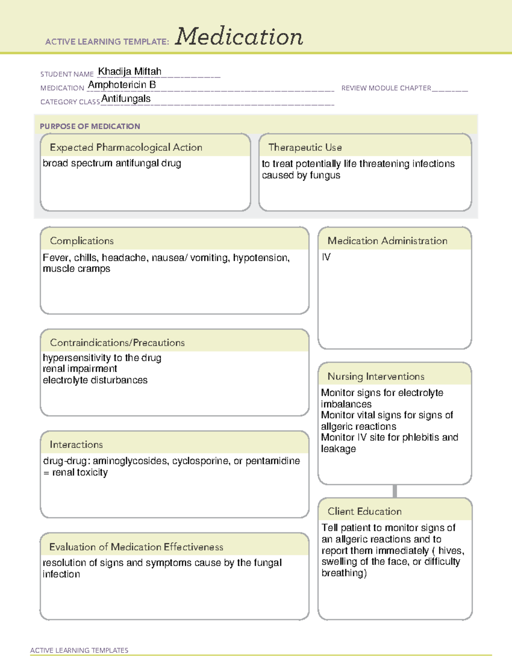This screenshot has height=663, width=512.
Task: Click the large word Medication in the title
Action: tap(239, 37)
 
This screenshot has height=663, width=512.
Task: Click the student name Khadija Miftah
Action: tap(130, 71)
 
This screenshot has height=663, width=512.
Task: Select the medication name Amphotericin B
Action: tap(122, 85)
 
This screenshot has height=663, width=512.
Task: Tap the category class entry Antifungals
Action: tap(126, 99)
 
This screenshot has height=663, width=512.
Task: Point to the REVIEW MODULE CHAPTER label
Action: tap(386, 88)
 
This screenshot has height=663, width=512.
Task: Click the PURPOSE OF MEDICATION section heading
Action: tap(90, 126)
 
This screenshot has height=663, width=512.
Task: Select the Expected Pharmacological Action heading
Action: tap(126, 147)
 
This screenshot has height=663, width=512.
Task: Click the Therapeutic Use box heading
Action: tap(305, 147)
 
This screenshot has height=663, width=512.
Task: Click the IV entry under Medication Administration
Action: tap(326, 257)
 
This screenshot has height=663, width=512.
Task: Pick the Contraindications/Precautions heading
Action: tap(117, 343)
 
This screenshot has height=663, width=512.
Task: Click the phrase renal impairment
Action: tap(80, 369)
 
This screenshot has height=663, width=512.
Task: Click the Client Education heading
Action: tap(364, 511)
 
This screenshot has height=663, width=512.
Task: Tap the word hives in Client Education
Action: tap(451, 551)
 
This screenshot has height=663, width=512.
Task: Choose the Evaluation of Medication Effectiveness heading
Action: tap(136, 547)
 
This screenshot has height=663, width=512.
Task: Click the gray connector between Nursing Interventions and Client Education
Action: tap(395, 491)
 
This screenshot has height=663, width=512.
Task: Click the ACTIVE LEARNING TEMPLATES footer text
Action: tap(79, 650)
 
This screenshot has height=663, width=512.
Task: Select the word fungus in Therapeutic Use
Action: tap(325, 175)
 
